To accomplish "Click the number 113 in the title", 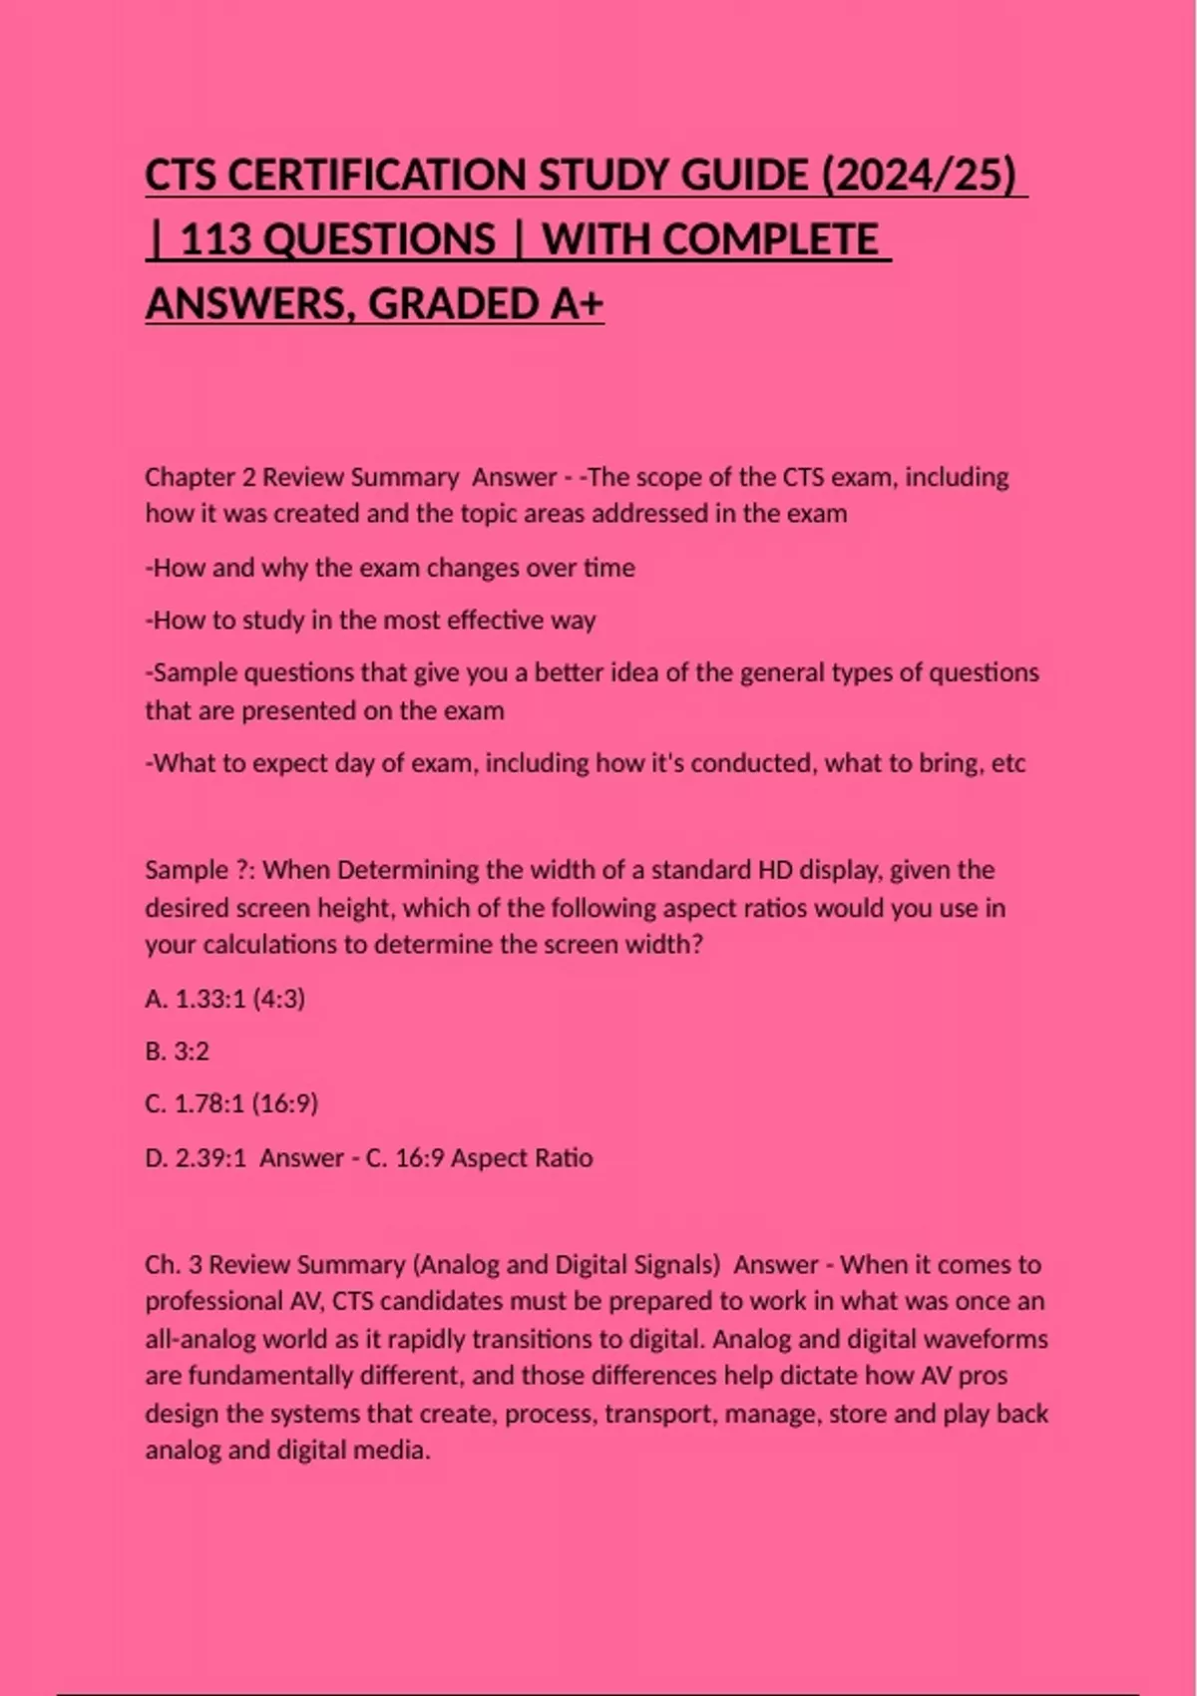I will coord(216,240).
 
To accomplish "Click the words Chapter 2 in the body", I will coord(199,477).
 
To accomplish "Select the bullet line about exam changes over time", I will coord(390,568).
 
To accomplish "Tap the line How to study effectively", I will coord(370,621).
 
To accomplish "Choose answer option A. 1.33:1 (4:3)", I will coord(225,999).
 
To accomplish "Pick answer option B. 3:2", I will coord(178,1052).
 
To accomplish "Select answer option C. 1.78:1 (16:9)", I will coord(231,1104).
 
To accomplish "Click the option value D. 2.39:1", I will coord(196,1158).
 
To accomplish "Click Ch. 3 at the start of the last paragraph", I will coord(174,1265).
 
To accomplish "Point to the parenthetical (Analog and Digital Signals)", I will coord(566,1265).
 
